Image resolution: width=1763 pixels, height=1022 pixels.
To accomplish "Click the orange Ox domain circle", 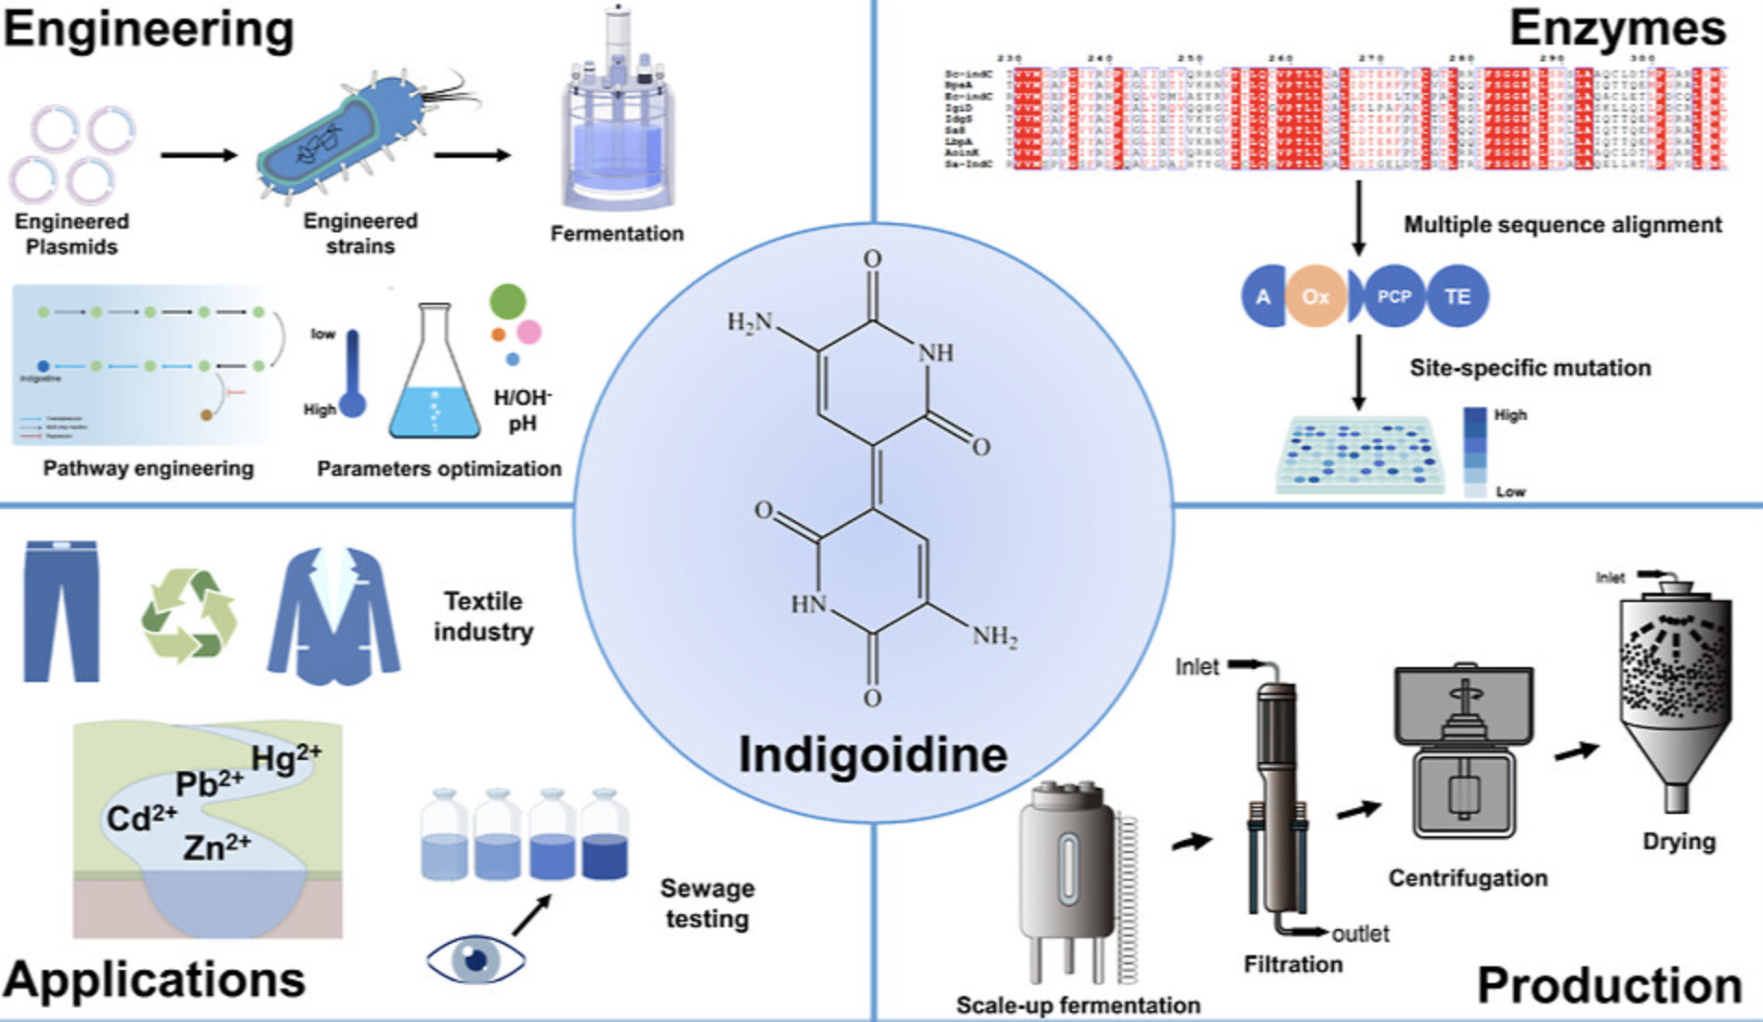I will pos(1315,296).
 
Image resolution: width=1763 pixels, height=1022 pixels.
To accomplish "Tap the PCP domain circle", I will pos(1392,296).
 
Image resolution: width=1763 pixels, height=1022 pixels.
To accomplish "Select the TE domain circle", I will pos(1457,296).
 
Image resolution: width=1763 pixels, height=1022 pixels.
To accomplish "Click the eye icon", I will pos(476,958).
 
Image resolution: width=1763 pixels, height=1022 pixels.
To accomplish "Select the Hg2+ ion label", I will pos(286,757).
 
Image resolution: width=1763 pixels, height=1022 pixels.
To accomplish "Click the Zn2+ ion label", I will pos(216,846).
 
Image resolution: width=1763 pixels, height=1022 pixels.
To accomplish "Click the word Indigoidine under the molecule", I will pos(872,754).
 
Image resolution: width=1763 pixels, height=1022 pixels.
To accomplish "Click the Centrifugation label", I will pos(1468,878).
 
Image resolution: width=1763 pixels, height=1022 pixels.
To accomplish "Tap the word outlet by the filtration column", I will pos(1360,934).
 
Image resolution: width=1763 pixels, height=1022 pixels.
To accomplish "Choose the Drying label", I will pos(1678,842).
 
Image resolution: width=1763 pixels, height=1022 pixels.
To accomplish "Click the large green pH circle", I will pos(508,302).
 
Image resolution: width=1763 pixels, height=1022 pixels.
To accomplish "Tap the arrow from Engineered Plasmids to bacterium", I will pos(198,154).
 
